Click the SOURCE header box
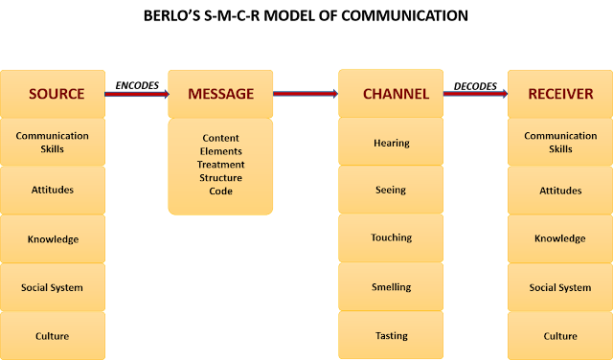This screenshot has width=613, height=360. (52, 94)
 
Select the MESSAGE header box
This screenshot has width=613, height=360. (220, 94)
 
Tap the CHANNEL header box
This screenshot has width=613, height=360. (391, 94)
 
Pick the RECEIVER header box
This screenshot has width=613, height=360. (560, 94)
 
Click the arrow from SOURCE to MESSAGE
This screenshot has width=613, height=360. (136, 94)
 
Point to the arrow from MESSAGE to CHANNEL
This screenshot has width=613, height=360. (306, 94)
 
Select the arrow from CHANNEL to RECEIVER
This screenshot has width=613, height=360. (475, 94)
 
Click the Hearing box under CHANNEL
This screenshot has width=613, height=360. (391, 143)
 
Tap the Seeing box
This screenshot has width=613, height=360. (391, 190)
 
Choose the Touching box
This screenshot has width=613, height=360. (391, 237)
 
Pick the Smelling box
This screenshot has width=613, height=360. (391, 286)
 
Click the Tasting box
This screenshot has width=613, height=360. (391, 335)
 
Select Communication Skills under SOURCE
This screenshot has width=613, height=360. (52, 142)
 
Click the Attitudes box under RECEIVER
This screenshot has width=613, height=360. (560, 190)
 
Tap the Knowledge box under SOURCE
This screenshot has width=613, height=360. (52, 238)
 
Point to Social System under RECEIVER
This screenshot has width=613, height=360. (560, 287)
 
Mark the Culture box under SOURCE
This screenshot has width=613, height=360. (52, 335)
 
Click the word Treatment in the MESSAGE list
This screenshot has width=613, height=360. (221, 165)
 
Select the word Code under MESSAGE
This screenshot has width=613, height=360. (221, 191)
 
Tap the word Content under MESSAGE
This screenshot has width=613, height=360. (221, 139)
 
